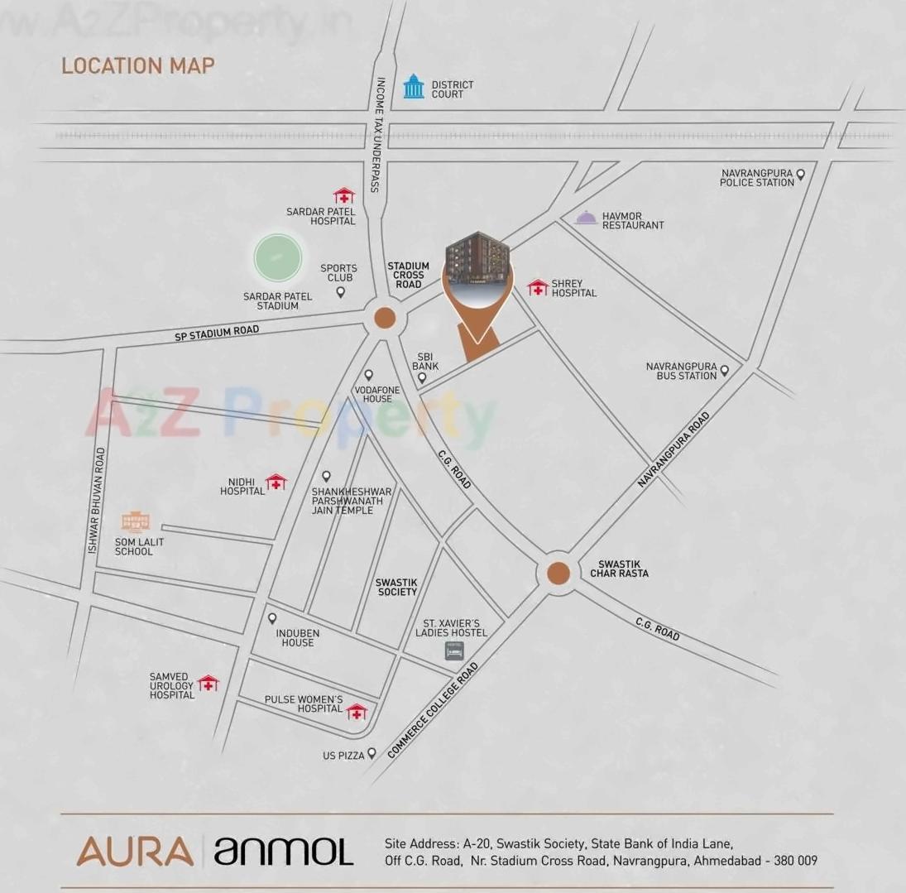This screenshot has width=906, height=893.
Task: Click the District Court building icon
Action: (x=413, y=86)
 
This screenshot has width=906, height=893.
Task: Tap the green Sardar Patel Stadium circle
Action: (x=277, y=258)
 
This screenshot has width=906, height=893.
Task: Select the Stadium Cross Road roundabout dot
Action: (x=384, y=318)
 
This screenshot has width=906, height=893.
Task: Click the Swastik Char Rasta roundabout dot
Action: (x=558, y=573)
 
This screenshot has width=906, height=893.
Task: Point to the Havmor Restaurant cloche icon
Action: (x=586, y=218)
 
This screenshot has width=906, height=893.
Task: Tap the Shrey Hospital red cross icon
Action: (x=538, y=287)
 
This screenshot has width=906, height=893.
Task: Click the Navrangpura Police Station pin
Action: (x=800, y=174)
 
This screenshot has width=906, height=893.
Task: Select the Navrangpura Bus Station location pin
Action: (x=724, y=371)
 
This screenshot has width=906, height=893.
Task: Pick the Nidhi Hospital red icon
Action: (x=276, y=482)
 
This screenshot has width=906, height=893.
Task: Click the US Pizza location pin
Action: (x=372, y=753)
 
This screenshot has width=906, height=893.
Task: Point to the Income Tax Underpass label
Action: (x=376, y=135)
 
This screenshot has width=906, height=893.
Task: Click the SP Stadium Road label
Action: (x=217, y=334)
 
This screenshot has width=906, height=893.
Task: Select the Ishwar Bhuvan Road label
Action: (x=96, y=502)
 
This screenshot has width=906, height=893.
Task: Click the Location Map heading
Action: (x=138, y=65)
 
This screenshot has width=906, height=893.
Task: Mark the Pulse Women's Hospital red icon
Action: (x=356, y=712)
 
